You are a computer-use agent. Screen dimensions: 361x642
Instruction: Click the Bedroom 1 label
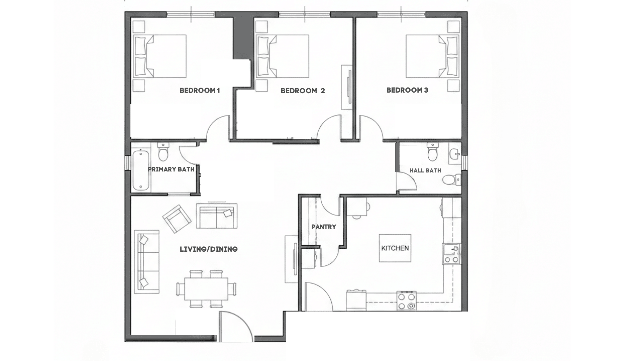[200, 91]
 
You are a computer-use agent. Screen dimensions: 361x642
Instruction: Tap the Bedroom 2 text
[303, 91]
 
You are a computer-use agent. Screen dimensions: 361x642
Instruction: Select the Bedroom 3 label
[407, 90]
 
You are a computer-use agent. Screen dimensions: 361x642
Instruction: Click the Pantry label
[323, 227]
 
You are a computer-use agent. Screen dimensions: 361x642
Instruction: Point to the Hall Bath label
[425, 170]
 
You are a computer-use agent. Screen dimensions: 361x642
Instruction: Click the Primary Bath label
[171, 169]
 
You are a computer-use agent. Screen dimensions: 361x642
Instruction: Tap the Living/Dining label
[209, 249]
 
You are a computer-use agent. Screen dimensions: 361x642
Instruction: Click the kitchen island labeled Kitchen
[395, 248]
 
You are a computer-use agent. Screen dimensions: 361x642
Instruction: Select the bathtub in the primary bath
[140, 170]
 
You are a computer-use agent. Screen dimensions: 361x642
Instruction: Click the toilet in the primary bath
[163, 153]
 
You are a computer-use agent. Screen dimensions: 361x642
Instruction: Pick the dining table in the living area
[206, 289]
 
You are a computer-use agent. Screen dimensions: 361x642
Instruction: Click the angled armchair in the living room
[177, 219]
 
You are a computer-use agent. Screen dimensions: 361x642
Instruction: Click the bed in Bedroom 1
[160, 56]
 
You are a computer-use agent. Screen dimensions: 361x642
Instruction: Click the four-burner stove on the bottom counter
[407, 300]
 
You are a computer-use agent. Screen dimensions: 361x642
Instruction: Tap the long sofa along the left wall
[146, 262]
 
